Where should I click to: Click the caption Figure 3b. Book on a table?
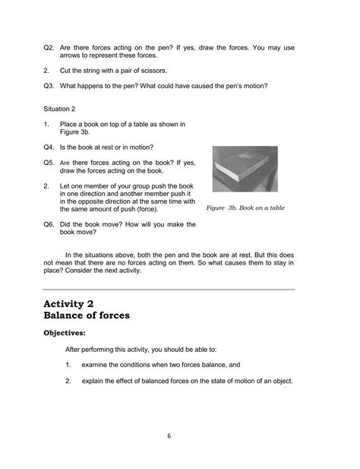(245, 207)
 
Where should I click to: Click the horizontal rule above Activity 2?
(169, 290)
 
